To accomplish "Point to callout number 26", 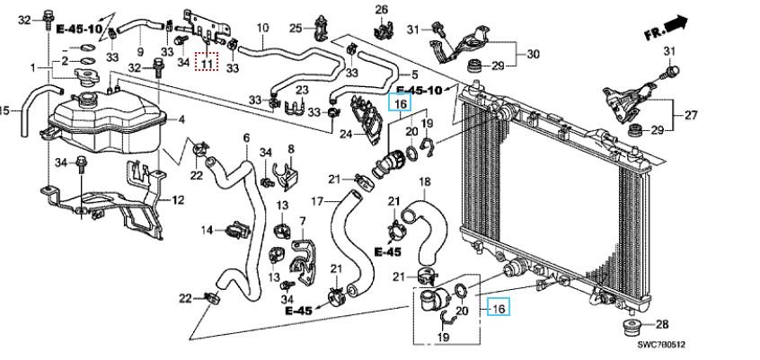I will tap(380, 10).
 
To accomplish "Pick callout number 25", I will tap(295, 28).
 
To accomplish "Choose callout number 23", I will tap(302, 90).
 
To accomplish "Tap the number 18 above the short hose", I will tap(425, 181).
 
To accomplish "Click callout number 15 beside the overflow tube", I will tap(4, 111).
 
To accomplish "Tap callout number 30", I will tap(533, 54).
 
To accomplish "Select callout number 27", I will tap(692, 115).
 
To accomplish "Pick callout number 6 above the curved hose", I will tap(245, 137).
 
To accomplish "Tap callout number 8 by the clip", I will tap(290, 148).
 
